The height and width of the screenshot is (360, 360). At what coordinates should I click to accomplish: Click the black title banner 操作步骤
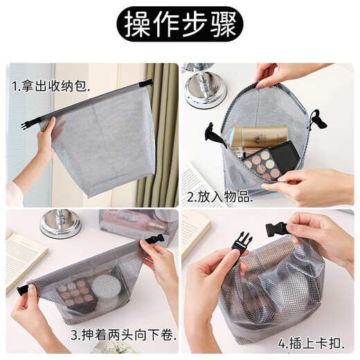[x=180, y=25]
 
